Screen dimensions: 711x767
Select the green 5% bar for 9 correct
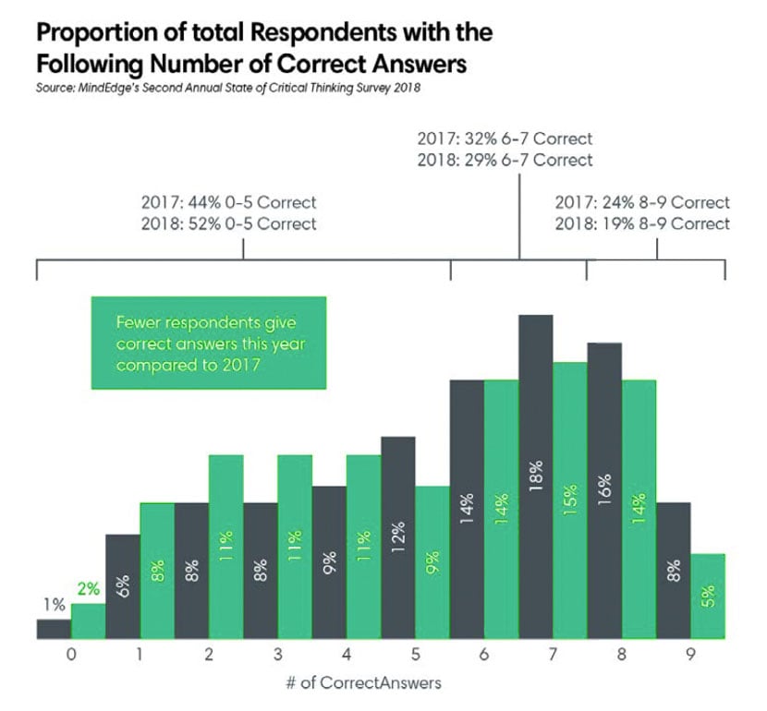pos(708,597)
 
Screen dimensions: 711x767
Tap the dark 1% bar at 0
pos(54,629)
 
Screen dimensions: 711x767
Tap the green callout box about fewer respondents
pos(208,343)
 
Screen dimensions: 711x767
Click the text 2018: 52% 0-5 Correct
pos(229,223)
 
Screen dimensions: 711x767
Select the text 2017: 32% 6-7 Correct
pos(505,140)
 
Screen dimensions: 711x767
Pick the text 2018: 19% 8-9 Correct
pos(642,223)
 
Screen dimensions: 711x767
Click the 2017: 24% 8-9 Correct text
pos(642,202)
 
